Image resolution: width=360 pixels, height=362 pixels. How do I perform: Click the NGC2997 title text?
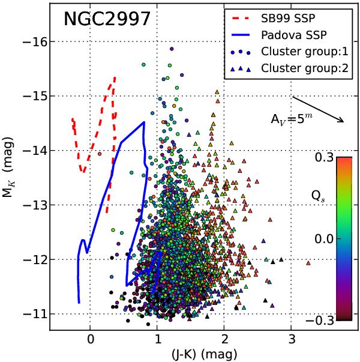[x=106, y=20]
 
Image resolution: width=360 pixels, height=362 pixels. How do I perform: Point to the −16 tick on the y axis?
[x=34, y=41]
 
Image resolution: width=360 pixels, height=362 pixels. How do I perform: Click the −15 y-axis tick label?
[x=34, y=96]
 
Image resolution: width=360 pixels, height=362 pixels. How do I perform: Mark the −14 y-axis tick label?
[x=34, y=151]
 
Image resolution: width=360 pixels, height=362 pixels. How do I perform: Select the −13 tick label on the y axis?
[x=34, y=205]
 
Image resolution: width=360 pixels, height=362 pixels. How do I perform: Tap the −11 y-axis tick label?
[x=34, y=314]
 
